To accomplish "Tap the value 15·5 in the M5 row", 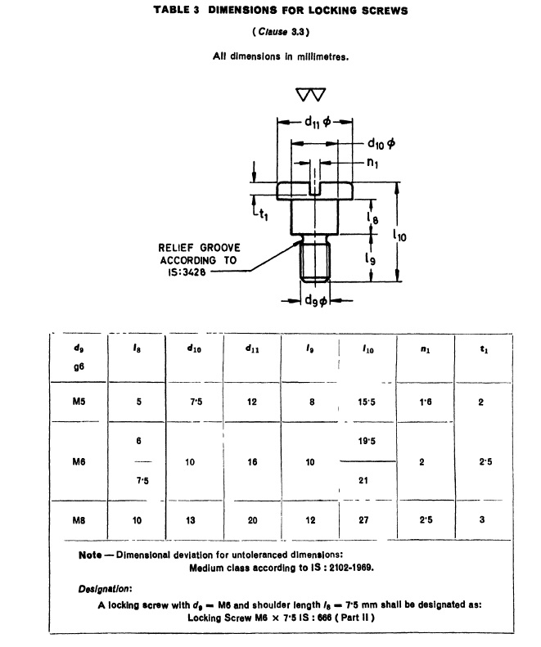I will (367, 402).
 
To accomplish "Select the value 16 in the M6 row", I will (253, 462).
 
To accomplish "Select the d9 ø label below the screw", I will (315, 301).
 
